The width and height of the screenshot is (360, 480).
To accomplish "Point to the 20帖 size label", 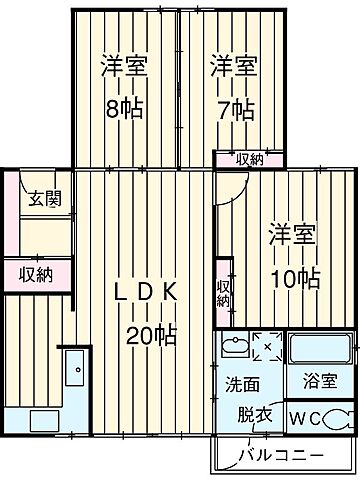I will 151,334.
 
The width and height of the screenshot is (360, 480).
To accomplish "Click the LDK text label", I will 145,292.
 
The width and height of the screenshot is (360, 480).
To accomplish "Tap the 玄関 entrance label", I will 43,198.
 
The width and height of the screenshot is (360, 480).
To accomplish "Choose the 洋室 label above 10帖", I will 291,237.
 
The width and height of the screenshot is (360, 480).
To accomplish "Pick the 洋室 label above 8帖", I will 125,68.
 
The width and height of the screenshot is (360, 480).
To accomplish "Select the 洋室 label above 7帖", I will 233,68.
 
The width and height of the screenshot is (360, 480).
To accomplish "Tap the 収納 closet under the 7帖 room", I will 249,158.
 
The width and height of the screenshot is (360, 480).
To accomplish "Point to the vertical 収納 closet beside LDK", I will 224,293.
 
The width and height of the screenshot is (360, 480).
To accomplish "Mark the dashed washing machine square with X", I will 267,347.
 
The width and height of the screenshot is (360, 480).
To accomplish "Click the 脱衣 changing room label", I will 255,414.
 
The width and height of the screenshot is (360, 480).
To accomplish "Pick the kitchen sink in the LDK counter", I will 75,371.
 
